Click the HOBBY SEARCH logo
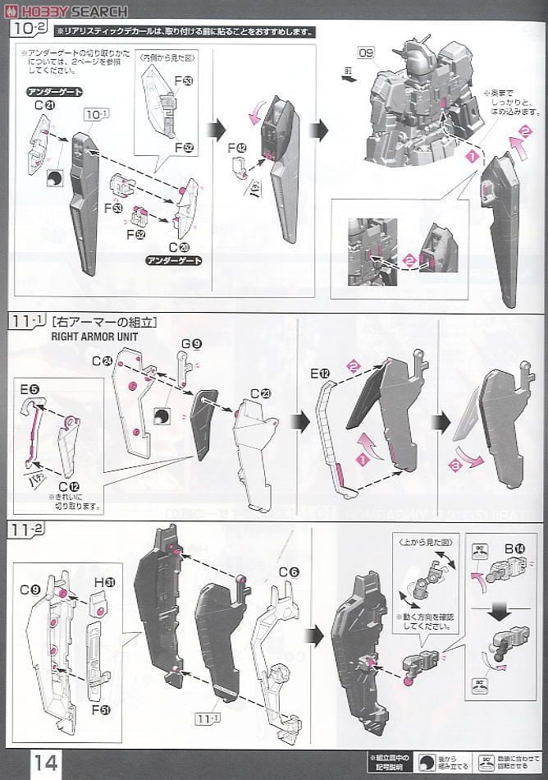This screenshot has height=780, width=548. (x=66, y=11)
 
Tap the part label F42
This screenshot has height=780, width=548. (x=240, y=147)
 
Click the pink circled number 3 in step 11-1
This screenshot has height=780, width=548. (x=473, y=466)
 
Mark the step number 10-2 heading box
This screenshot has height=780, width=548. (x=28, y=30)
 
